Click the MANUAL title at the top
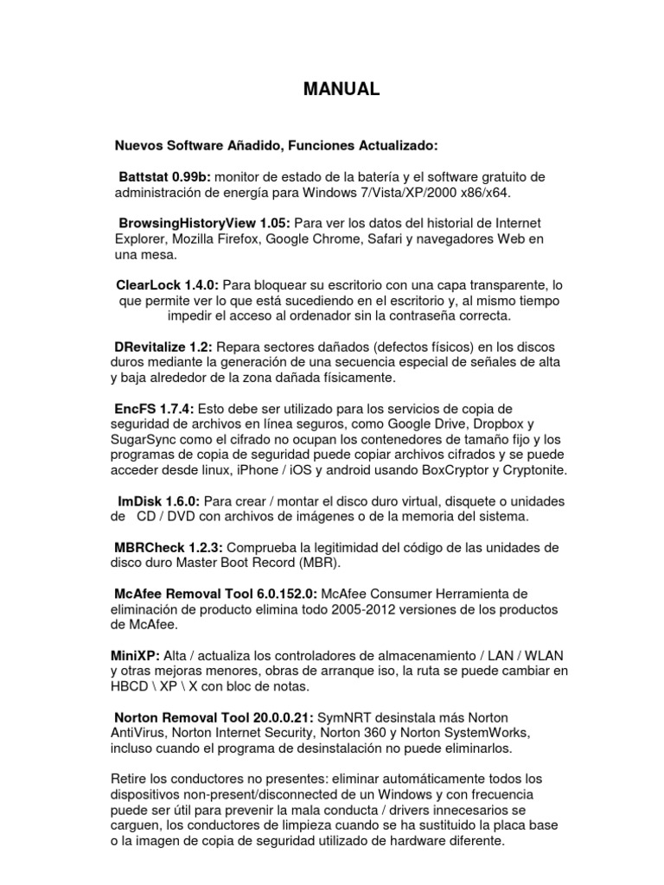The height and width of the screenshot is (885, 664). point(340,89)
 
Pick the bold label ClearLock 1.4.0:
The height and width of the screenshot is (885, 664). point(168,284)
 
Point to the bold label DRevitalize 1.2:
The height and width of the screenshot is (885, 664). point(163,347)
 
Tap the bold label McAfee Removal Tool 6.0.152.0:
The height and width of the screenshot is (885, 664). point(216,594)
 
